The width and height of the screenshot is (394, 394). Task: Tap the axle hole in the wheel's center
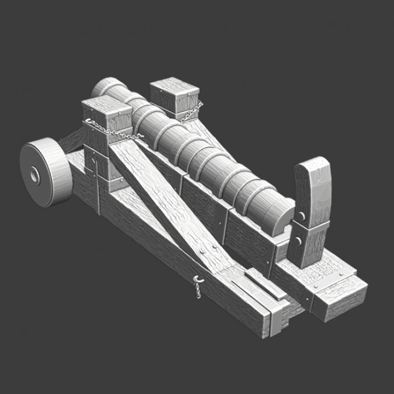click(x=34, y=176)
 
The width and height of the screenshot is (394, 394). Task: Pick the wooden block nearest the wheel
click(x=106, y=118)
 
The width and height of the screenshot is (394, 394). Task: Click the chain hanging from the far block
click(x=191, y=113)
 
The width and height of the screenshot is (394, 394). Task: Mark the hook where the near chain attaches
click(x=140, y=136)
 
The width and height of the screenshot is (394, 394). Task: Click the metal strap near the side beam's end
click(x=276, y=317)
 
